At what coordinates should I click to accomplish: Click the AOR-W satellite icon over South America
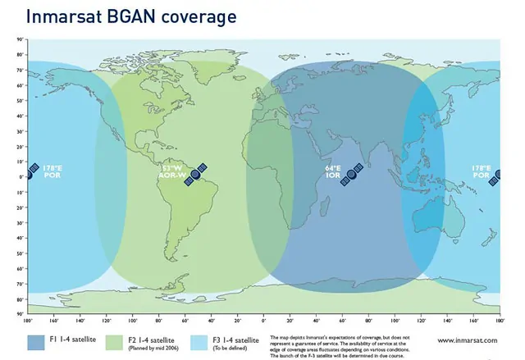(x=195, y=175)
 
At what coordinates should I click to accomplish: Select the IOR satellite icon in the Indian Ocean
(x=353, y=175)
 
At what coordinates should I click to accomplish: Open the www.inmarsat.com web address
(x=470, y=339)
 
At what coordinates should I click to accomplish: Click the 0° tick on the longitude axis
(x=264, y=320)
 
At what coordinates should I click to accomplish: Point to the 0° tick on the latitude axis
(x=20, y=175)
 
